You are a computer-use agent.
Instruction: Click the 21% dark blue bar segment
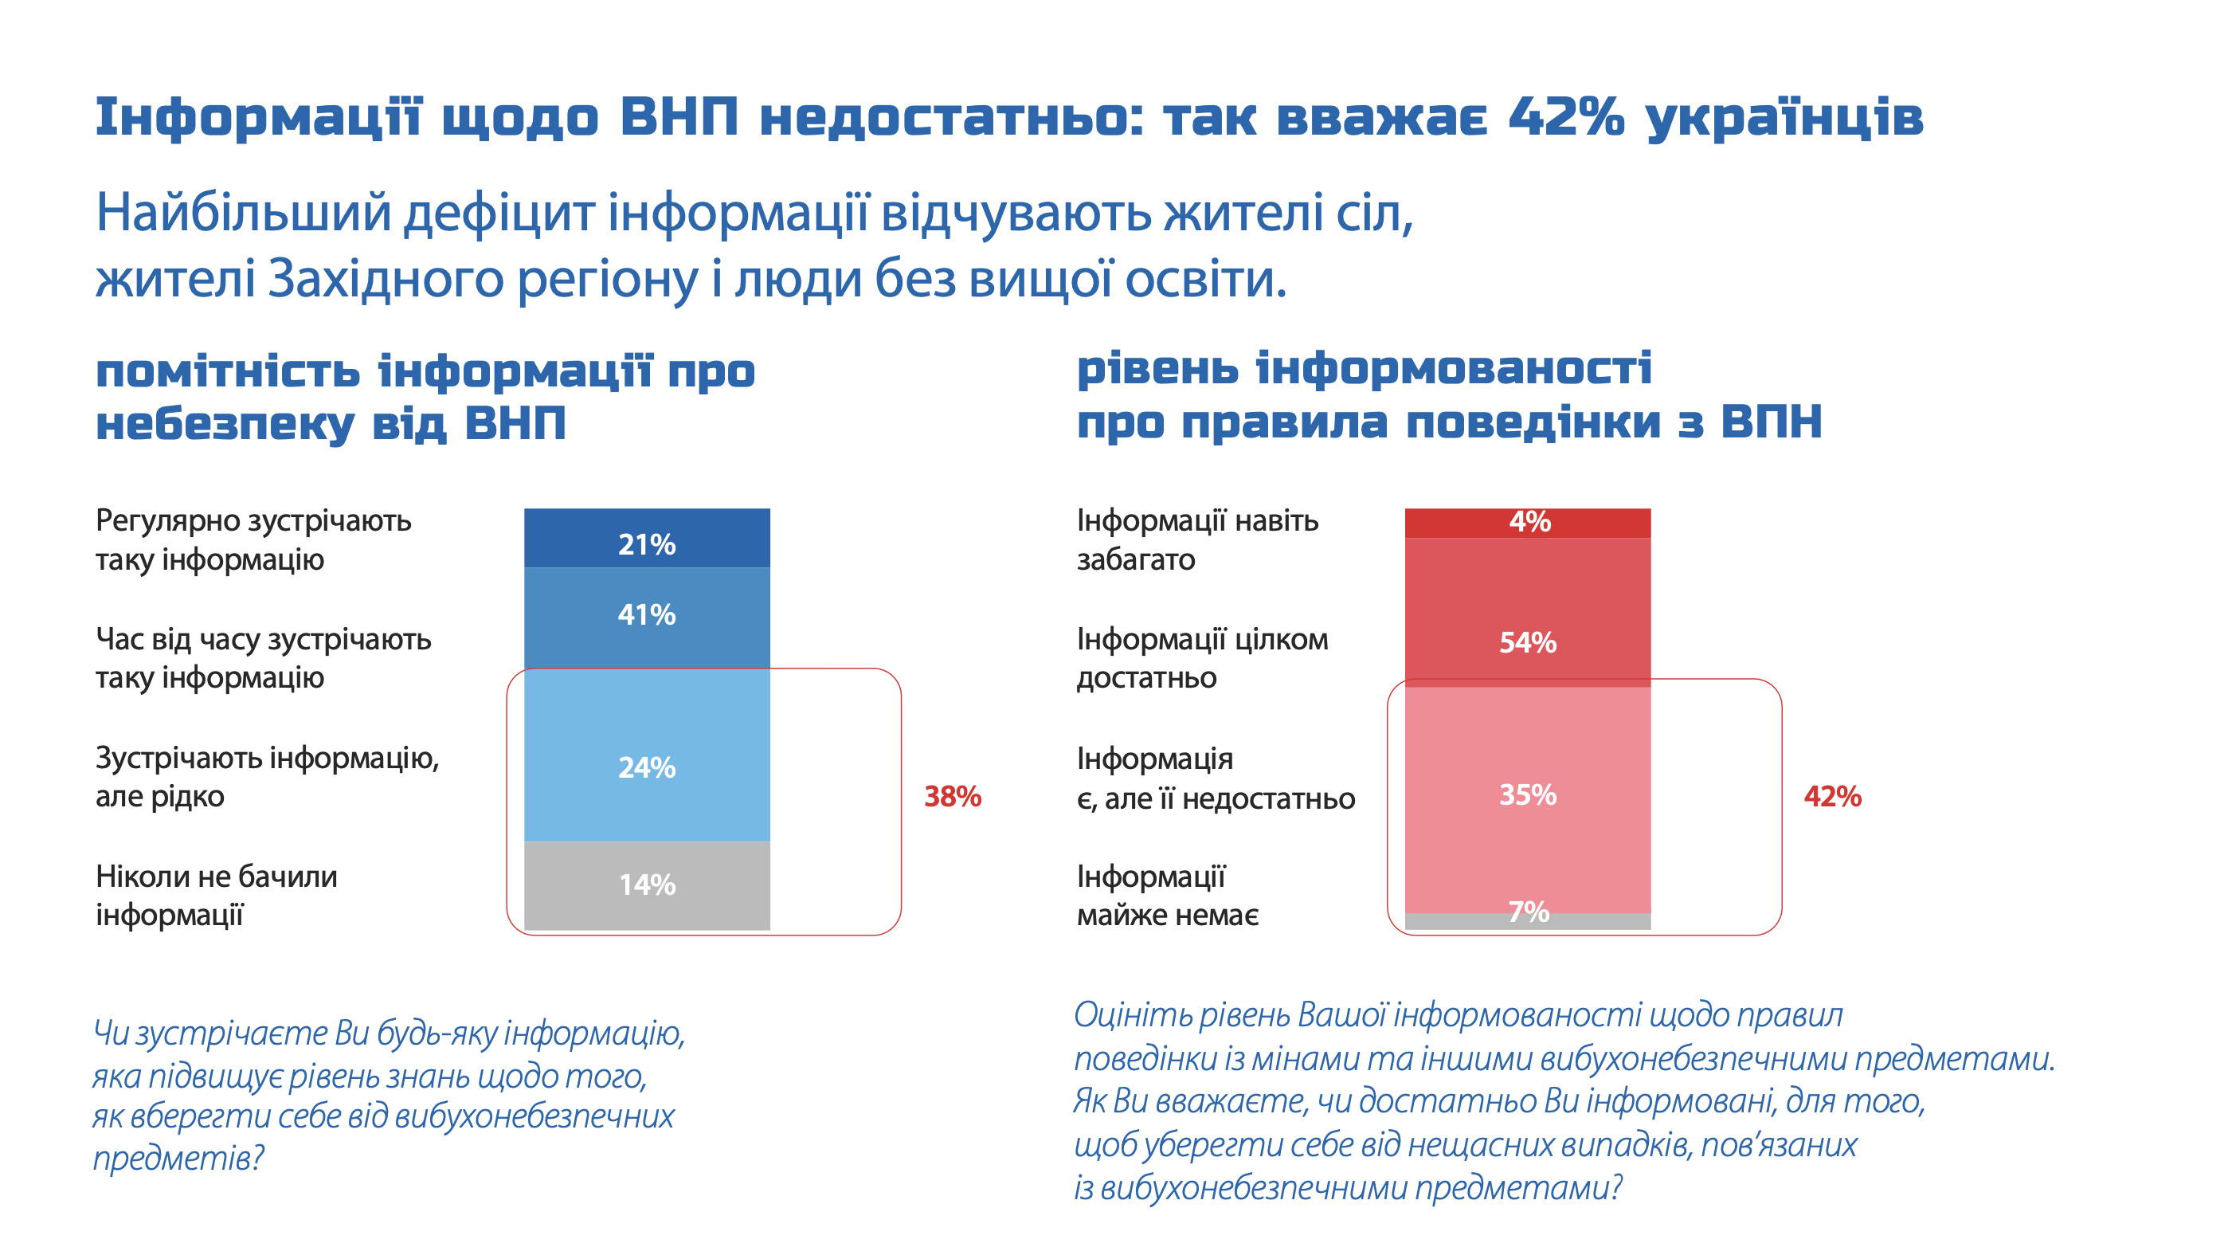(646, 538)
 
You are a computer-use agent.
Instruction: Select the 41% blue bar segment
(646, 616)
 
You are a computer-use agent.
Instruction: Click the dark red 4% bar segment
(1528, 523)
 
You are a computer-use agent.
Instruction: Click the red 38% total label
(952, 797)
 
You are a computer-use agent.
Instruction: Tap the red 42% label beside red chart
(1832, 797)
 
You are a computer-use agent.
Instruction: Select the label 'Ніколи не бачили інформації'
(216, 895)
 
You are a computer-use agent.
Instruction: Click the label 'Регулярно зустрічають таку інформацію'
(253, 539)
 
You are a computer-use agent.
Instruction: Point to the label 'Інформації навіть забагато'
(1197, 539)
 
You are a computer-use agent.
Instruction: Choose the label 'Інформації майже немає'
(1167, 895)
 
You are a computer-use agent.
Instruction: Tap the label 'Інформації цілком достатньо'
(1201, 658)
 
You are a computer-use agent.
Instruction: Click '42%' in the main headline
(1565, 117)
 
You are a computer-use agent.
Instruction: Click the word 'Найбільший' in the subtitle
(243, 213)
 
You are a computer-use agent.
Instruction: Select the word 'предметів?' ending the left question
(178, 1157)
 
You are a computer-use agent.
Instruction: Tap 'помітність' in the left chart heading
(228, 372)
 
